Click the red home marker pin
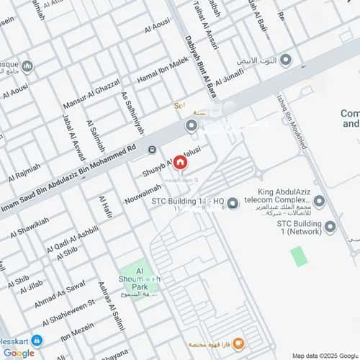[x=179, y=163]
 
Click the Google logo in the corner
[x=18, y=353]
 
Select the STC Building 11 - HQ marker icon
[x=233, y=204]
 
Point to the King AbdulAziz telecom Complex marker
[x=319, y=202]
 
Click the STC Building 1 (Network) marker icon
[x=330, y=227]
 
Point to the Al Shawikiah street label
[x=29, y=222]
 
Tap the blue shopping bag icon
[x=36, y=340]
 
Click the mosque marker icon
[x=27, y=66]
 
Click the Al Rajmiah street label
[x=24, y=171]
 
